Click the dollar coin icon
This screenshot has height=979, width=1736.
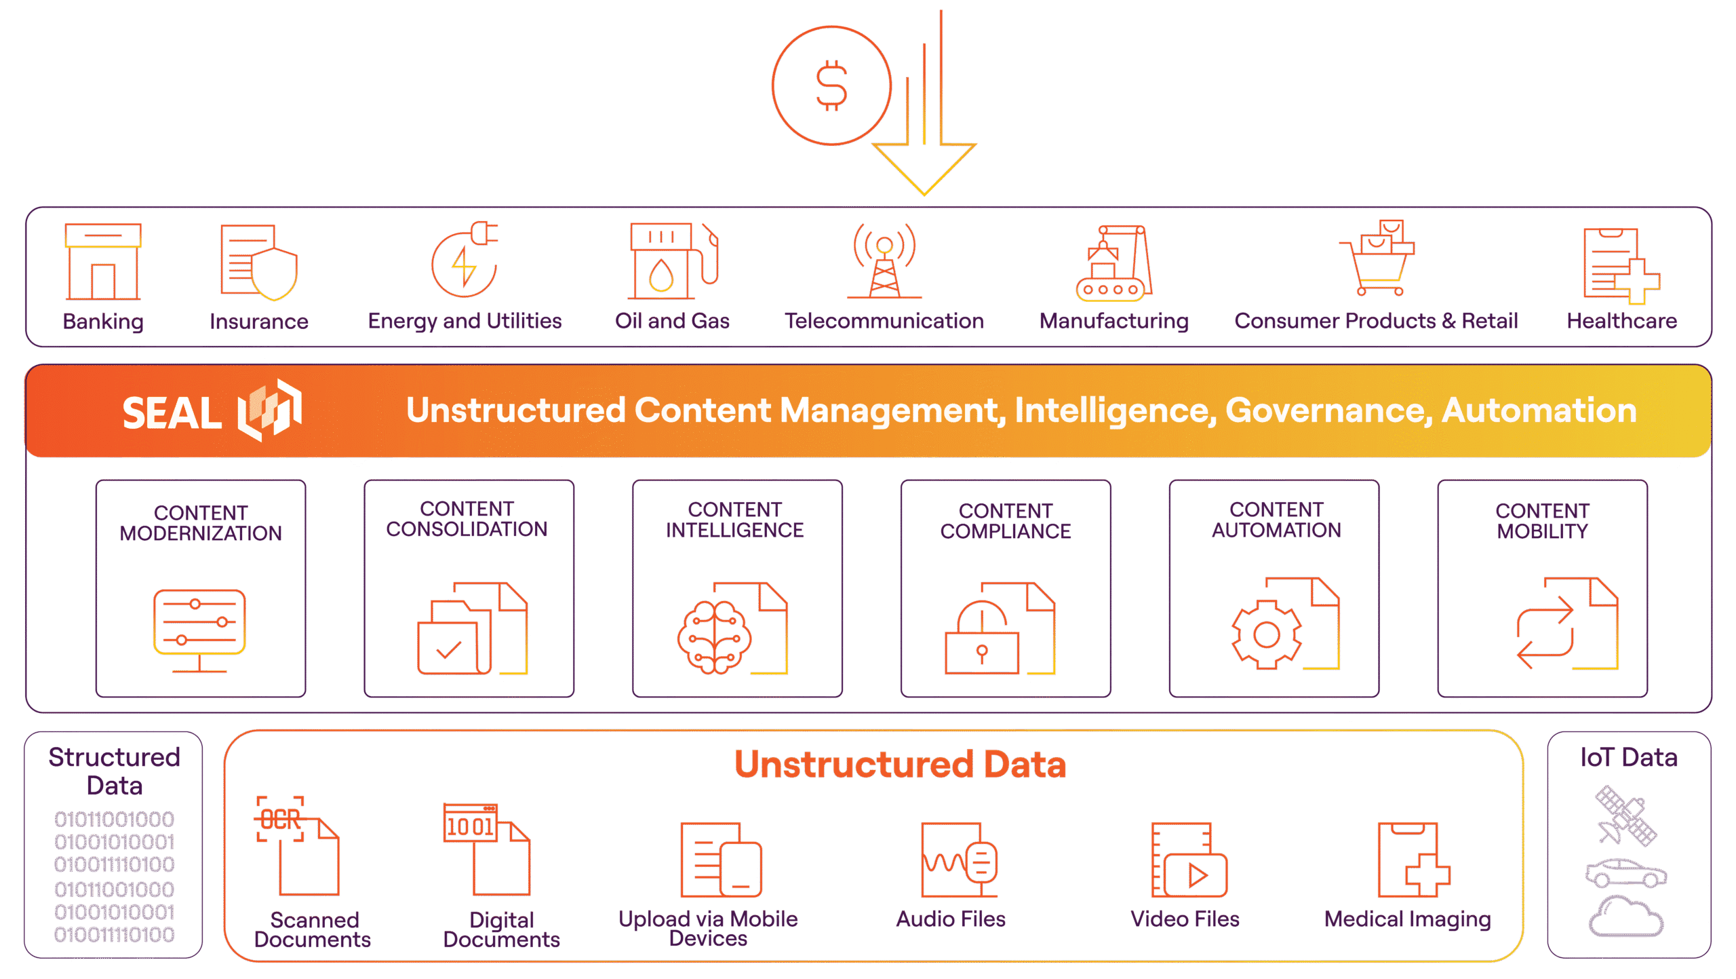point(831,86)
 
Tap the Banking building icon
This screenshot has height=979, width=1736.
point(103,262)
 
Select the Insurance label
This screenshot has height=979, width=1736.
point(258,321)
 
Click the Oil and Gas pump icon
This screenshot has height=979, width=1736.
point(671,261)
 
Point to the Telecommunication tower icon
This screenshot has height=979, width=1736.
point(884,261)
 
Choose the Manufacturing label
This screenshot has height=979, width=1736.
point(1113,321)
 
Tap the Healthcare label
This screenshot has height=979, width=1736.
point(1621,321)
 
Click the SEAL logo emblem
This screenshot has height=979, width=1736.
point(270,410)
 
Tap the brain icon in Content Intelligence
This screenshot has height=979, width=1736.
point(714,636)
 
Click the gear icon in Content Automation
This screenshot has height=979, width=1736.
point(1266,635)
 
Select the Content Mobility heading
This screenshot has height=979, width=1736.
point(1542,521)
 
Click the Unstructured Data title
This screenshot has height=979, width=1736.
point(900,765)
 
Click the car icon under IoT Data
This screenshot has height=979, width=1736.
point(1626,874)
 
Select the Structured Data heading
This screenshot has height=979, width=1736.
point(114,771)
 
